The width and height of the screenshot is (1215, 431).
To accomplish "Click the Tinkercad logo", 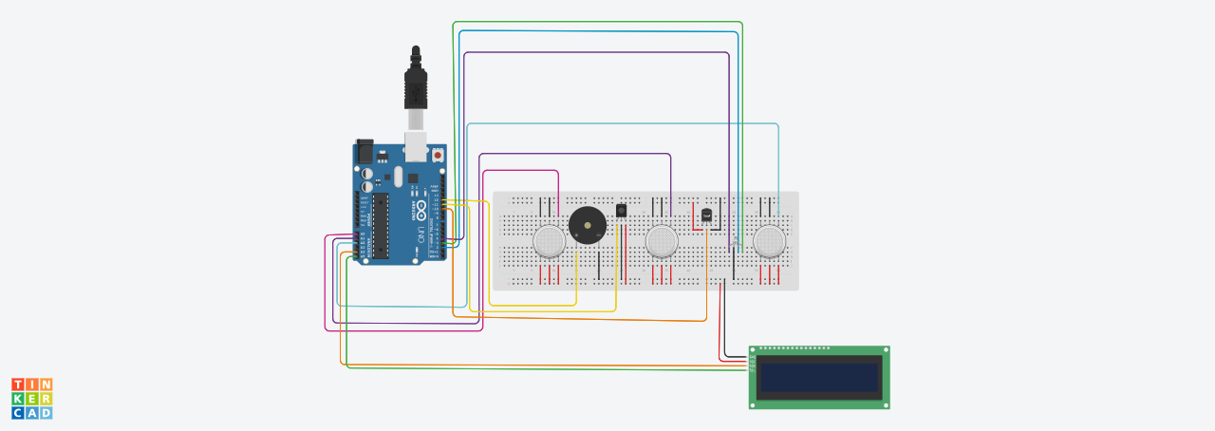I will [31, 398].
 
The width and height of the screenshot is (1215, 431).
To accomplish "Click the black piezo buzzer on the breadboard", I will [587, 228].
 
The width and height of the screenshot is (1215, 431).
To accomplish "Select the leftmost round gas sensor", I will [549, 241].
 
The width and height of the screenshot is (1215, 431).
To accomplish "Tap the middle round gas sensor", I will [662, 241].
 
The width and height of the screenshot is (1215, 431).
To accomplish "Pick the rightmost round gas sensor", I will [770, 241].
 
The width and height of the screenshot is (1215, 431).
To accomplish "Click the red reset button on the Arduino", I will [438, 155].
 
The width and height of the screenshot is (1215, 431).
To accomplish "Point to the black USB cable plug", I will [416, 85].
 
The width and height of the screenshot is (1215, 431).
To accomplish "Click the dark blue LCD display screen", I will [819, 378].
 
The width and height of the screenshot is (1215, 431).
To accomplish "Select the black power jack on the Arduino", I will [364, 150].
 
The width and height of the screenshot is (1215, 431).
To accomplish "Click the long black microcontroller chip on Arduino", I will [380, 225].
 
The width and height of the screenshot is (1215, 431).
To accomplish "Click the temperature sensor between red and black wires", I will [707, 215].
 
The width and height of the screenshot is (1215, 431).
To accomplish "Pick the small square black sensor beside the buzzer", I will [622, 210].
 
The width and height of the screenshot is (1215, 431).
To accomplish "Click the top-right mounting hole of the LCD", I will [885, 350].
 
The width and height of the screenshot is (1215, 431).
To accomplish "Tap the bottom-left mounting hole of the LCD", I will [754, 404].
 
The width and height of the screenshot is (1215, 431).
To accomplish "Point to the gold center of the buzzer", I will [587, 227].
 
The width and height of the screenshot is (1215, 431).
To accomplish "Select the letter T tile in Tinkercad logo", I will [18, 384].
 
